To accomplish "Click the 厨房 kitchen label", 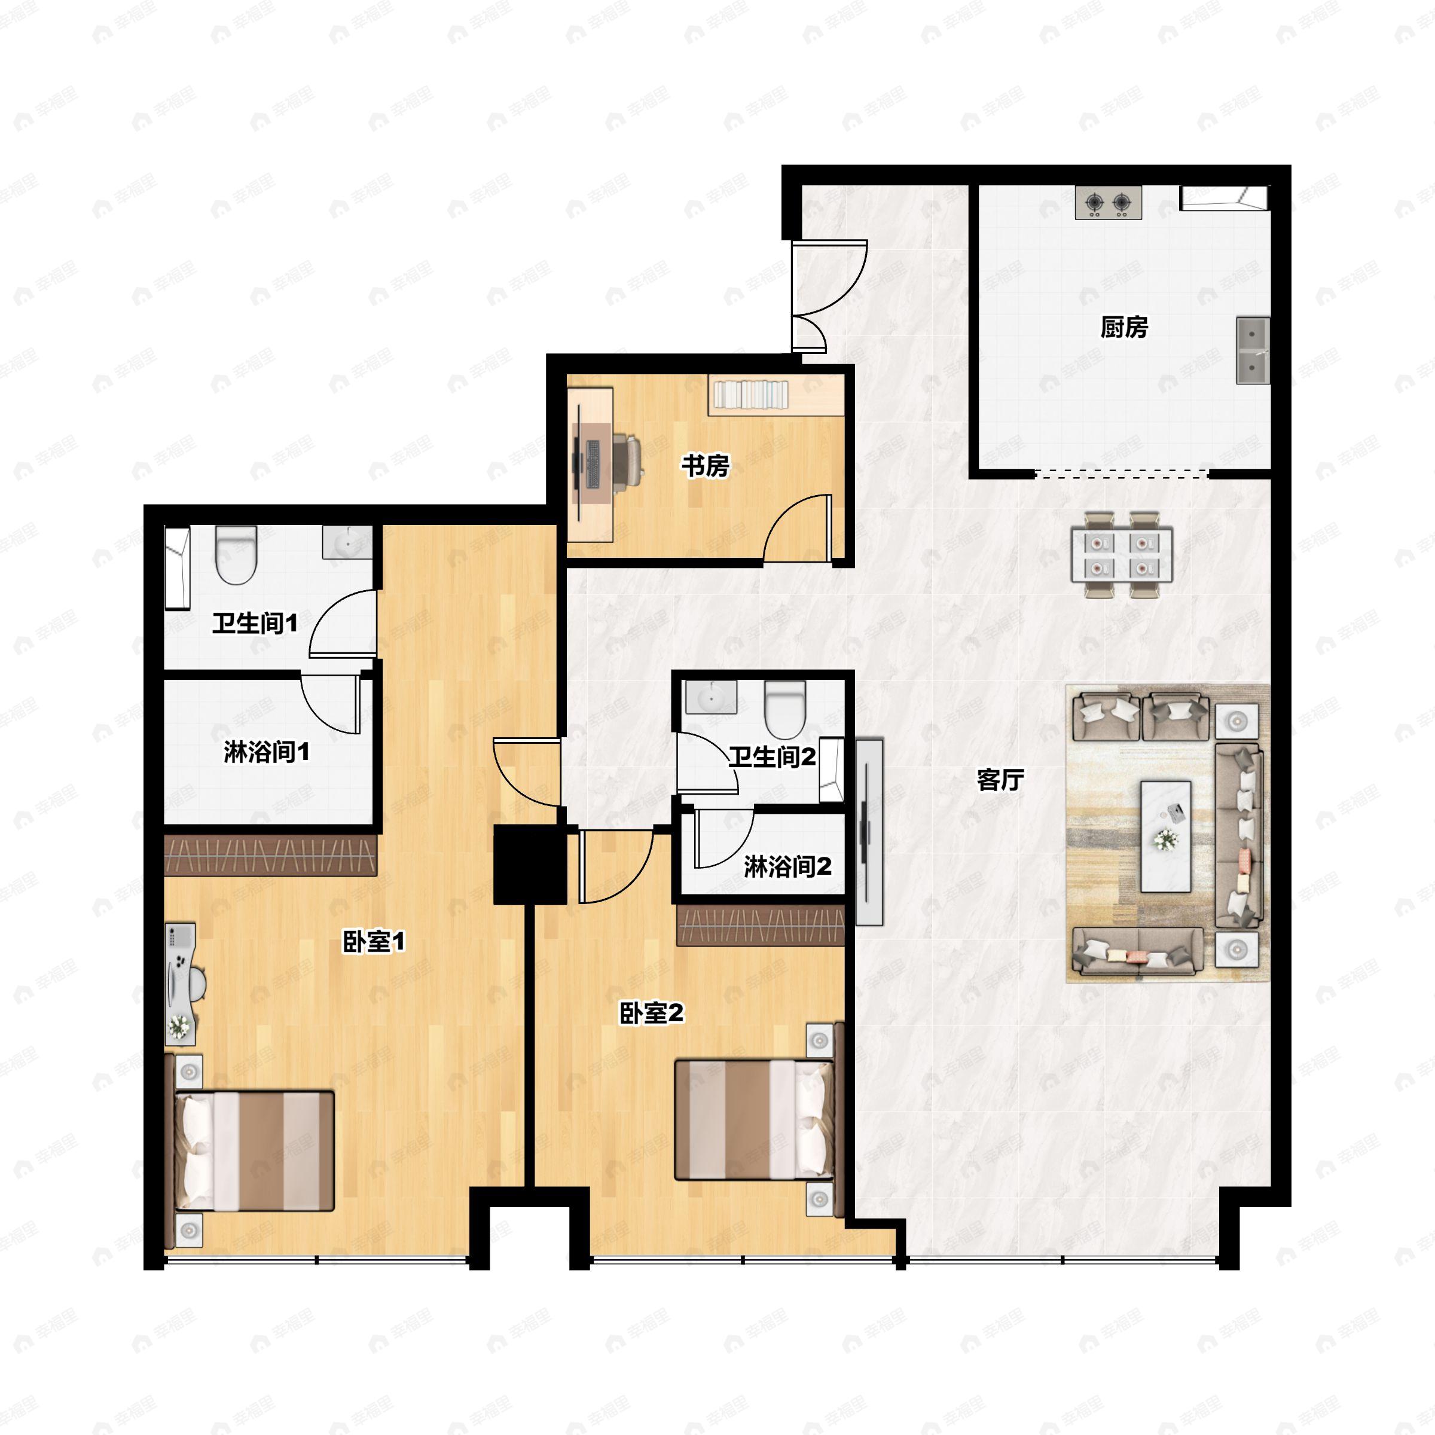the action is [x=1124, y=327].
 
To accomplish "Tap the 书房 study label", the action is [x=706, y=466].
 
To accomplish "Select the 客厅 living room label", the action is [x=1000, y=780].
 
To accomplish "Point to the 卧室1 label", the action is [x=374, y=942].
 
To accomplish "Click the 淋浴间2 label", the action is [x=787, y=866].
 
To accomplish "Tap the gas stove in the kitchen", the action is [x=1108, y=202].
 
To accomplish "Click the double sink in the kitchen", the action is [x=1253, y=350].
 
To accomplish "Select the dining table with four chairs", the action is [x=1122, y=554].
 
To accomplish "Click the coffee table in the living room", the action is [x=1165, y=836].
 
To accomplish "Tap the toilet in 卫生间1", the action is [x=236, y=555].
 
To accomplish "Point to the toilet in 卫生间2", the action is [x=785, y=709].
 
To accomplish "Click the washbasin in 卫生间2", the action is [x=712, y=697].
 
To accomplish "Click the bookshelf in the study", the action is [x=750, y=393].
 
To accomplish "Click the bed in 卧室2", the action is [x=754, y=1119].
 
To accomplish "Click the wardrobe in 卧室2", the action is [x=761, y=926].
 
